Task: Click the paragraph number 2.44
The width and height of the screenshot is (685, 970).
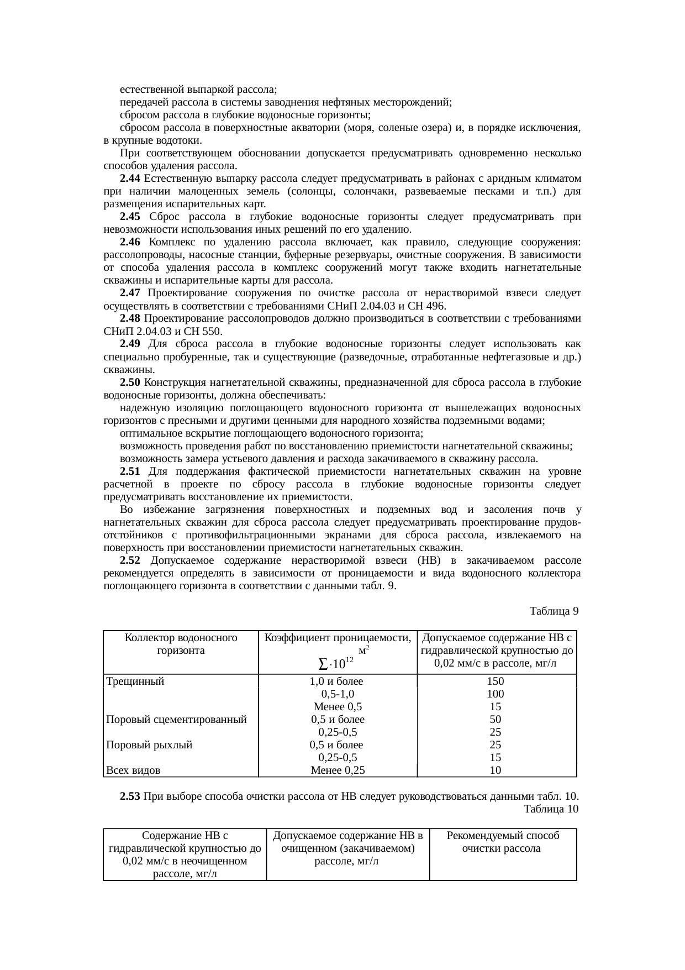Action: [x=130, y=179]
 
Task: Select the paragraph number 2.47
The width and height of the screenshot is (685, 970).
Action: [x=130, y=293]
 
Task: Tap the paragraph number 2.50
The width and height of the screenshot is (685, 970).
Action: [x=130, y=382]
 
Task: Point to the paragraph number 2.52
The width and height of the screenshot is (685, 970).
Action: [x=130, y=560]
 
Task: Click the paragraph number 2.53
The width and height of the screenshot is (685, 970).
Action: [x=130, y=796]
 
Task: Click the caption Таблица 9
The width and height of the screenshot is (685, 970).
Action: [x=554, y=611]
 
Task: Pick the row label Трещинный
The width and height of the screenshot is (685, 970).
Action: [x=135, y=681]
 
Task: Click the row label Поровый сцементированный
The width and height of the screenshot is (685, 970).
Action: [x=176, y=720]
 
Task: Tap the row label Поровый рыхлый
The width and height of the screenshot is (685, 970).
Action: [x=149, y=745]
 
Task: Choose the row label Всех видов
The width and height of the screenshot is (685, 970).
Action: [x=133, y=770]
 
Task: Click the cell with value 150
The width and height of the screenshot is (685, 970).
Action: [x=495, y=681]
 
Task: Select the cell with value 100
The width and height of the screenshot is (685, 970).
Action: [x=495, y=694]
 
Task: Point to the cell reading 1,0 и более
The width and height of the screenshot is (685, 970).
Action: [x=337, y=681]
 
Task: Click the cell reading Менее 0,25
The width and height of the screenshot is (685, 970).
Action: [x=338, y=770]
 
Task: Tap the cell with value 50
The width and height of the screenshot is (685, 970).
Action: [x=495, y=720]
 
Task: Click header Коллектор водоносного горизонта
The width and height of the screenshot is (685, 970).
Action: [x=181, y=644]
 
